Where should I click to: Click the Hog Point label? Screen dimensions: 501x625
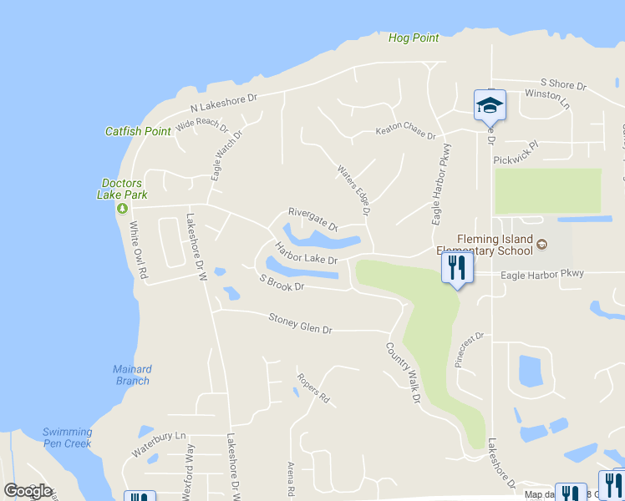pos(414,38)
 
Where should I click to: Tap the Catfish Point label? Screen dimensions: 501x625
pos(138,131)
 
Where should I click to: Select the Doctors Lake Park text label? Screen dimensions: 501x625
pos(122,189)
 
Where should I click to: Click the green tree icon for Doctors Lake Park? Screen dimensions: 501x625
pos(122,207)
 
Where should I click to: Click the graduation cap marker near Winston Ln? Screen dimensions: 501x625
pos(490,104)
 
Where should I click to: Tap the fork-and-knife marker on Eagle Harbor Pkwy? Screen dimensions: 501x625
pos(457,267)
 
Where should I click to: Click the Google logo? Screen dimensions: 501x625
pos(28,491)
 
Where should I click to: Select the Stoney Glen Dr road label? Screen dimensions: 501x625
pos(300,323)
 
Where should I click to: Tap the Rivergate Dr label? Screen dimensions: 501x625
pos(312,219)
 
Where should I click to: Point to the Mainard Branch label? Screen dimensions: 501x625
pos(132,375)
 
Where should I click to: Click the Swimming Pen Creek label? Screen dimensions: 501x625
pos(67,438)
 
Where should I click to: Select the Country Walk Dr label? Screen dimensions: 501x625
pos(403,373)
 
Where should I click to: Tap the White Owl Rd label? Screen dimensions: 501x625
pos(138,250)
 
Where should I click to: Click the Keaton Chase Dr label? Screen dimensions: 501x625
pos(405,132)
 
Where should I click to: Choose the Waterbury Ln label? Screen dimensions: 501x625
pos(158,444)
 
